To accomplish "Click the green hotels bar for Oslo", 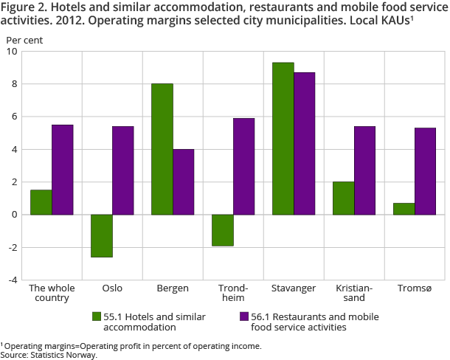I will [102, 235].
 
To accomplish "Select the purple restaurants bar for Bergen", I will [184, 181].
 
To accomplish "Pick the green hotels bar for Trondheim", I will [223, 230].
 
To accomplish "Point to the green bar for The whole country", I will [41, 202].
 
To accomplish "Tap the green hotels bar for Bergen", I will [162, 149].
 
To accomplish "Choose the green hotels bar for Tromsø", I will [404, 209].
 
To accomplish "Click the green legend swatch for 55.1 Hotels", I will [97, 316].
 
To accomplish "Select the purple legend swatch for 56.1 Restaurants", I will [244, 316].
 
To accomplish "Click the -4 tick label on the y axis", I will [12, 280].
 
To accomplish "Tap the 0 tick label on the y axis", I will [15, 215].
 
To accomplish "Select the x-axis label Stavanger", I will [294, 288].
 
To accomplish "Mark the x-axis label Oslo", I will [112, 288].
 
